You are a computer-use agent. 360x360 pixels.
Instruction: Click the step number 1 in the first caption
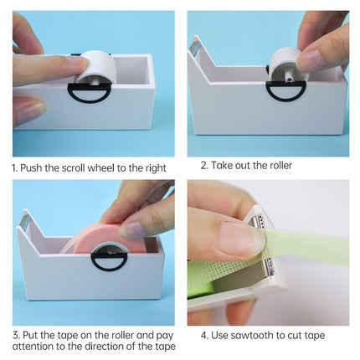pyautogui.click(x=14, y=167)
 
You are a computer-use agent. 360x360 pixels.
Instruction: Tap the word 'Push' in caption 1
pyautogui.click(x=32, y=167)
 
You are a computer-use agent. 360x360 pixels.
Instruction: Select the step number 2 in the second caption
pyautogui.click(x=203, y=165)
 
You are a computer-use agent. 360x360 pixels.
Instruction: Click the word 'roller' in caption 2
pyautogui.click(x=276, y=165)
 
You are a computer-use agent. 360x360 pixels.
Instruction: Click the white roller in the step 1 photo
pyautogui.click(x=94, y=68)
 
